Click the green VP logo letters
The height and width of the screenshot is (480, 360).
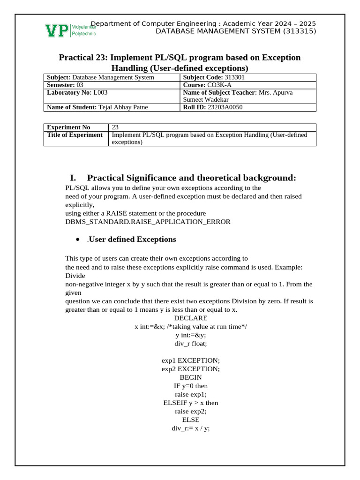pos(57,30)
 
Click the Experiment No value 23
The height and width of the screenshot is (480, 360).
pos(116,127)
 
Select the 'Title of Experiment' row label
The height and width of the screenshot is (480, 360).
pos(75,135)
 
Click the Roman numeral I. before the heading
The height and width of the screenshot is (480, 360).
pos(73,178)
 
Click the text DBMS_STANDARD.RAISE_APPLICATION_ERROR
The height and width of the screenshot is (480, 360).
pos(148,222)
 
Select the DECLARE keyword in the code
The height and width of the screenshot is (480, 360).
pos(190,318)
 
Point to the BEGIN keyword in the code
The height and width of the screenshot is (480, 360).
pos(190,377)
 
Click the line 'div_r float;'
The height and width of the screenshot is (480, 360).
pos(190,344)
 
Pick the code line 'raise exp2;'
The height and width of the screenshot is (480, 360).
pos(190,411)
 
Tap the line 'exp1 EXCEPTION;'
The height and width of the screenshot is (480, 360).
pos(190,360)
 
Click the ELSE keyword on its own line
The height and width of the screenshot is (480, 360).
pos(190,420)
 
